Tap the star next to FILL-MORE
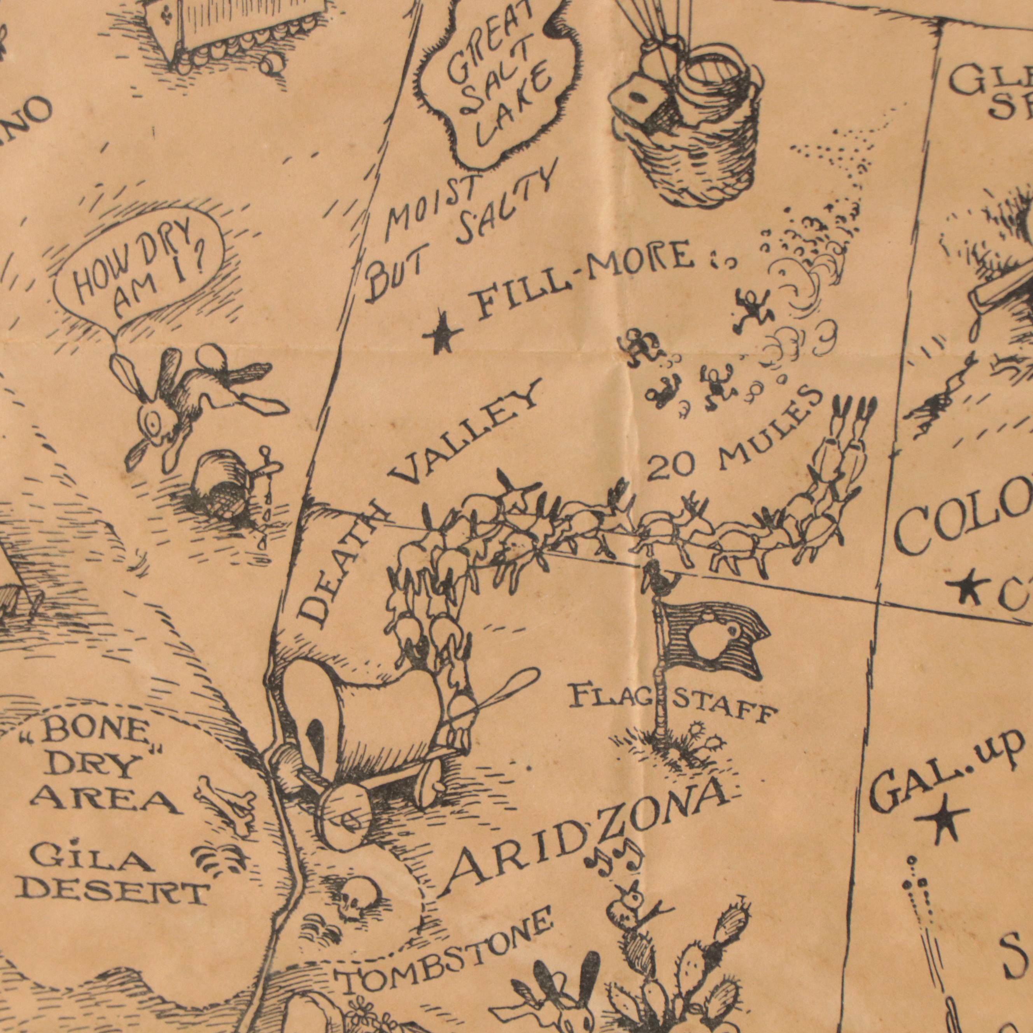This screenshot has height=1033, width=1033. [442, 333]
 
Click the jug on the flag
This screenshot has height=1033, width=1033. [709, 639]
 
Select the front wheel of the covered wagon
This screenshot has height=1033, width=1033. [345, 821]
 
